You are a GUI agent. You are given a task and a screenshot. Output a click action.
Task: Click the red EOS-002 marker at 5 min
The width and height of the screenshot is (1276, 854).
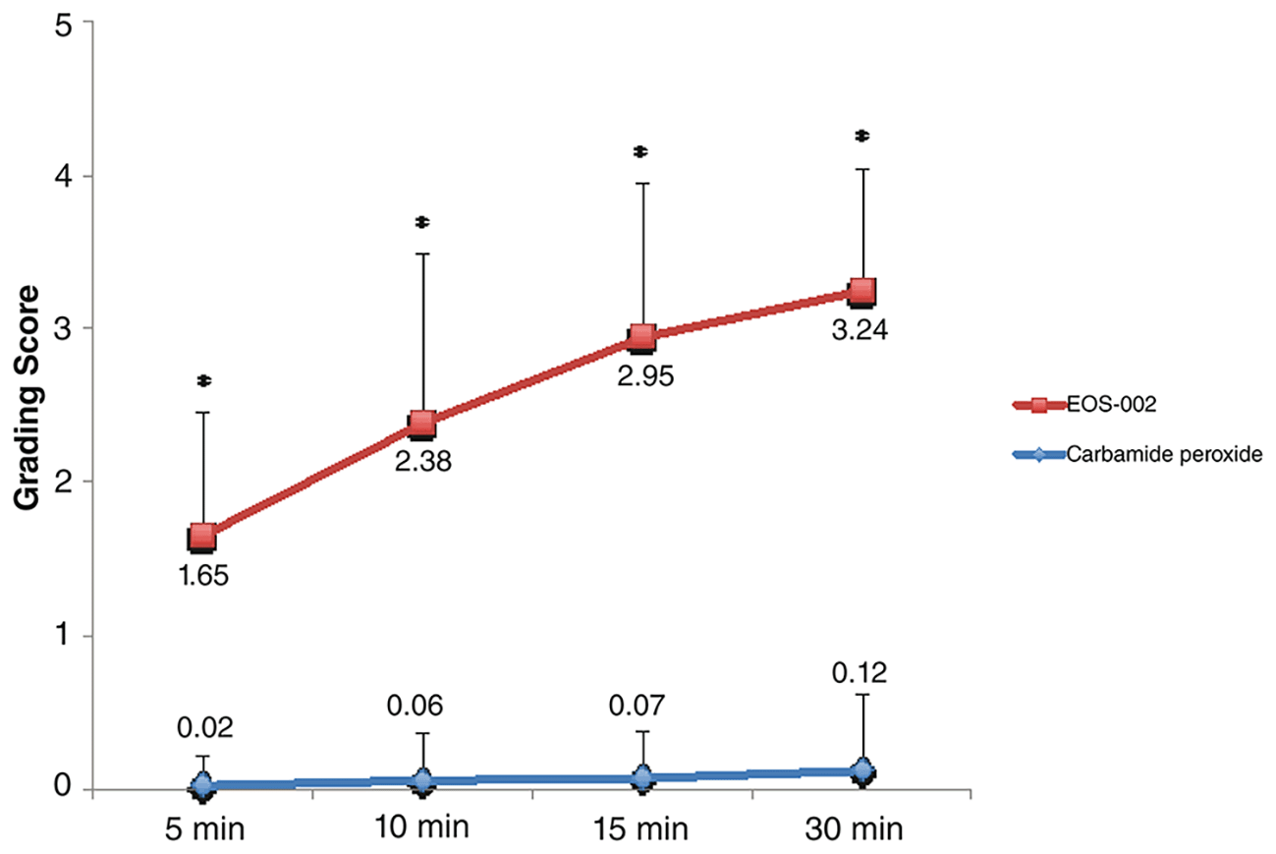point(201,538)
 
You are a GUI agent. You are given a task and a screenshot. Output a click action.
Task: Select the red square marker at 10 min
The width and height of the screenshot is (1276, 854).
point(422,425)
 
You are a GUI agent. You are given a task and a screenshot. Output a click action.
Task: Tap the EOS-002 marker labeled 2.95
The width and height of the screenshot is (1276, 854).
point(642,338)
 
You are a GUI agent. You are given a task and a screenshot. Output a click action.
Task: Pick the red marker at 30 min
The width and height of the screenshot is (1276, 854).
point(861,293)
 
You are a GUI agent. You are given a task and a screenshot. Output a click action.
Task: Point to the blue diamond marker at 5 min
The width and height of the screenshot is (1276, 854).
point(202,786)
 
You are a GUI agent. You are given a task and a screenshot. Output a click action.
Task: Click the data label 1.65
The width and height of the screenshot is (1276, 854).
point(203,576)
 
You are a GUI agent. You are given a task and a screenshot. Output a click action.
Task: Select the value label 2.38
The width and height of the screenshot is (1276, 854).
point(423,461)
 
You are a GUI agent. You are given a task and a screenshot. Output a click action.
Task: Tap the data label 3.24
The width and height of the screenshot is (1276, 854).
point(860,330)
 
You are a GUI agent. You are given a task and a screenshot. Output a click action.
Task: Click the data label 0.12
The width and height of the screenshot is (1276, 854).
point(860,673)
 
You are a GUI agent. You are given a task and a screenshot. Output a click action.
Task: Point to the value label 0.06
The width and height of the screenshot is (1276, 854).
point(415,706)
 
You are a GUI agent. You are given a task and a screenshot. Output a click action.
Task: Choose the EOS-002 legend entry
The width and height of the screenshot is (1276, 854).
point(1084,405)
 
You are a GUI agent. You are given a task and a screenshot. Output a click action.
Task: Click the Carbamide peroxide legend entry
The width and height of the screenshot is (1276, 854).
point(1137,454)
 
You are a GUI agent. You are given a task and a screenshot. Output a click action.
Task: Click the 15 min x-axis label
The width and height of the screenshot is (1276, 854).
point(640,828)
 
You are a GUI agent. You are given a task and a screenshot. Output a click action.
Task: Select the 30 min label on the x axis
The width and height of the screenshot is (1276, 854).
point(854,828)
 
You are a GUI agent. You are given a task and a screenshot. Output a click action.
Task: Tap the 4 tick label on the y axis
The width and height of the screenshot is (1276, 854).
point(63,177)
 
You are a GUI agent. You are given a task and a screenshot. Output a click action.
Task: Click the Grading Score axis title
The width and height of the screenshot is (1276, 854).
point(27,397)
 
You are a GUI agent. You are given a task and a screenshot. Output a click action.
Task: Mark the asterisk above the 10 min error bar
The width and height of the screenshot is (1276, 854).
point(422,222)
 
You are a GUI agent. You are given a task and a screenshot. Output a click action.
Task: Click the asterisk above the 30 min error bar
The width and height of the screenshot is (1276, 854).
point(862,136)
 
